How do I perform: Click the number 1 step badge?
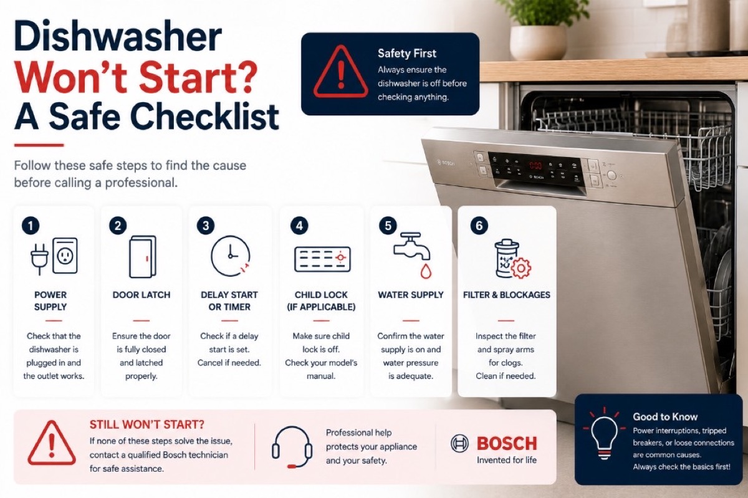31,226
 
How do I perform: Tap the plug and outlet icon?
54,256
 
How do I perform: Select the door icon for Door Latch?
143,257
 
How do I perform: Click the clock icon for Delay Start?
231,256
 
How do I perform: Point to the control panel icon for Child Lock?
322,259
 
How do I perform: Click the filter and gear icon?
512,259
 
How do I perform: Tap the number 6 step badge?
479,226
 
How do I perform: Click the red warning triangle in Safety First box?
340,72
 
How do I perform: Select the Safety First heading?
406,54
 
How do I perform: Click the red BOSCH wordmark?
507,444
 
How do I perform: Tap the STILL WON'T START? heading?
146,424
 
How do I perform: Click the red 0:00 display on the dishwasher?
535,165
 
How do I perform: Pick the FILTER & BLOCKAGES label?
506,295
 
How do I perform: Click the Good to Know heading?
665,417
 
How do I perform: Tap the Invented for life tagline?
507,460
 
